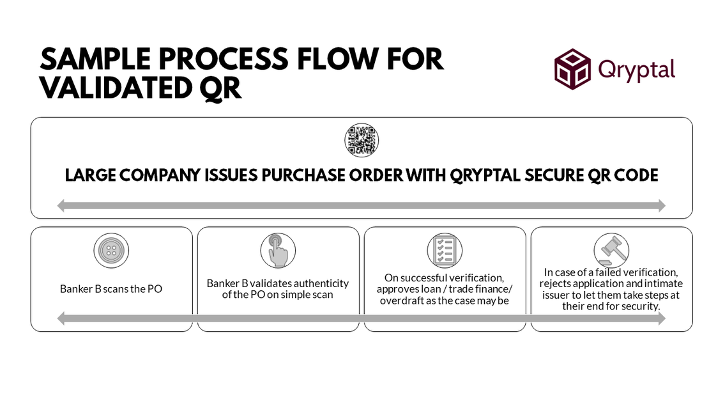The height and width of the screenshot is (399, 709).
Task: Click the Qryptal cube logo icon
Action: [x=573, y=69]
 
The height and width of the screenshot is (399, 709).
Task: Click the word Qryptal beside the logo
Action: [x=636, y=68]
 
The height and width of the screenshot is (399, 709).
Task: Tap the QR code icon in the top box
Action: [x=362, y=141]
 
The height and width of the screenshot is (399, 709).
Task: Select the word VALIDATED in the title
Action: [x=111, y=88]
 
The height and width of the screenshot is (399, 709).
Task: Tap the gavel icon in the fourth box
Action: [x=611, y=249]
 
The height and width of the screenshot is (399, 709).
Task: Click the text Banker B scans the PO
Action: [x=111, y=288]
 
